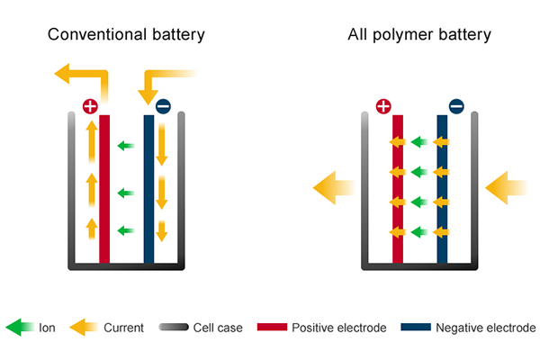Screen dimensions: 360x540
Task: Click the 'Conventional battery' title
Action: tap(127, 36)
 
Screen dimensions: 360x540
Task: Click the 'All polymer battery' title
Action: tap(419, 36)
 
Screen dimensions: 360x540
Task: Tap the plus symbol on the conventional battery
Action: tap(90, 106)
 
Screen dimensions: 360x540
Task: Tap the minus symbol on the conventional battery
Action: tap(163, 106)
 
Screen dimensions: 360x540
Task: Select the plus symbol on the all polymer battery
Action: tap(383, 106)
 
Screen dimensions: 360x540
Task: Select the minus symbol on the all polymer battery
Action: tap(456, 106)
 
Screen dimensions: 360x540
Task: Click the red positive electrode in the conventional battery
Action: tap(104, 189)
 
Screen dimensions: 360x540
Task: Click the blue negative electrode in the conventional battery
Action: tap(148, 189)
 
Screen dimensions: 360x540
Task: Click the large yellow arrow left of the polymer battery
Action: tap(332, 187)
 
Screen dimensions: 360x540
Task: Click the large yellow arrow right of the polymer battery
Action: tap(504, 187)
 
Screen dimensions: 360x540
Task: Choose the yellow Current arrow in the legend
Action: tap(84, 328)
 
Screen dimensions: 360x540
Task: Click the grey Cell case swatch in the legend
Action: tap(173, 328)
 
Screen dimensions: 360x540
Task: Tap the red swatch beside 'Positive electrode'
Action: tap(271, 328)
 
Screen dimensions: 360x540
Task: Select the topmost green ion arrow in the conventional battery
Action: tap(127, 143)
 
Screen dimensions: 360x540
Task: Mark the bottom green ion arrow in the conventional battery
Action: tap(127, 229)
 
